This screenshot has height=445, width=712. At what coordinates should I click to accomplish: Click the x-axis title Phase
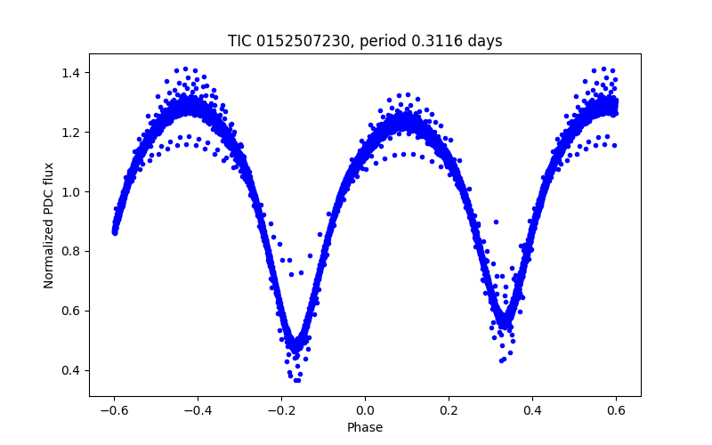click(x=365, y=427)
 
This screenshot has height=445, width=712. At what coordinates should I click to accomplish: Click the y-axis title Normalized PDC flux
click(x=49, y=225)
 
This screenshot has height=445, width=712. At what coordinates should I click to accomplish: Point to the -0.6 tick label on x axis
click(x=114, y=410)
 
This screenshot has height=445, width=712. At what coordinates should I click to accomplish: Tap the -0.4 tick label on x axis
click(x=198, y=410)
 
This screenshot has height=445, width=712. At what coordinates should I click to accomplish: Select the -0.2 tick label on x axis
click(x=281, y=410)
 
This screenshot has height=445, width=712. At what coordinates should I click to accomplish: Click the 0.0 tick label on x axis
click(x=365, y=410)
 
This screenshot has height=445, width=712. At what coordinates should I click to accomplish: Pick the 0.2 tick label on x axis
click(x=449, y=410)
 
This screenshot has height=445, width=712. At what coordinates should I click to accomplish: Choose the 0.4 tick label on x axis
click(x=532, y=410)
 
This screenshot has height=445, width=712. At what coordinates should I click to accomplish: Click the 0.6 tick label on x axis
click(x=616, y=410)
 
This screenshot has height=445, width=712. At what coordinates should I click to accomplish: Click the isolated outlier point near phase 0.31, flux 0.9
click(x=496, y=222)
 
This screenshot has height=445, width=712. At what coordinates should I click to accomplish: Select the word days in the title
click(x=486, y=41)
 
